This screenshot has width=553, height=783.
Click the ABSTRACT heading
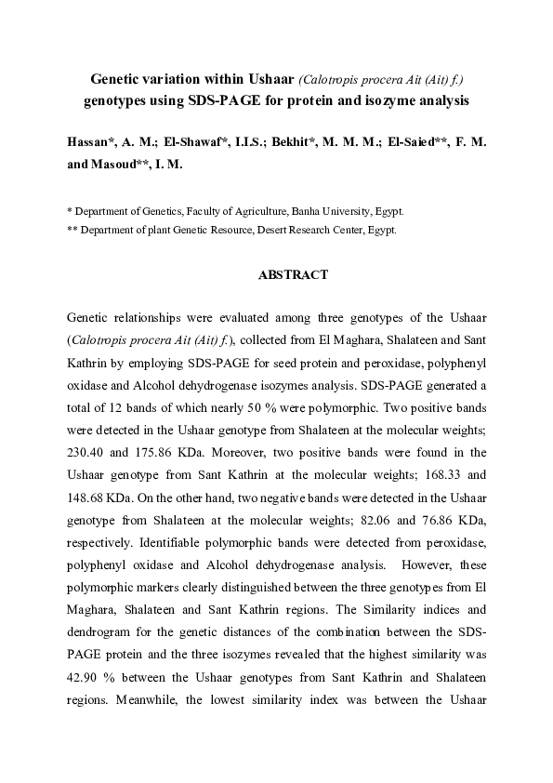[293, 275]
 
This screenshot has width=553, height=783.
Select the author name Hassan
[94, 143]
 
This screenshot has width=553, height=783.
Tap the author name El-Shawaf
[194, 143]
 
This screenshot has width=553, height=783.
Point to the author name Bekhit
[297, 143]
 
